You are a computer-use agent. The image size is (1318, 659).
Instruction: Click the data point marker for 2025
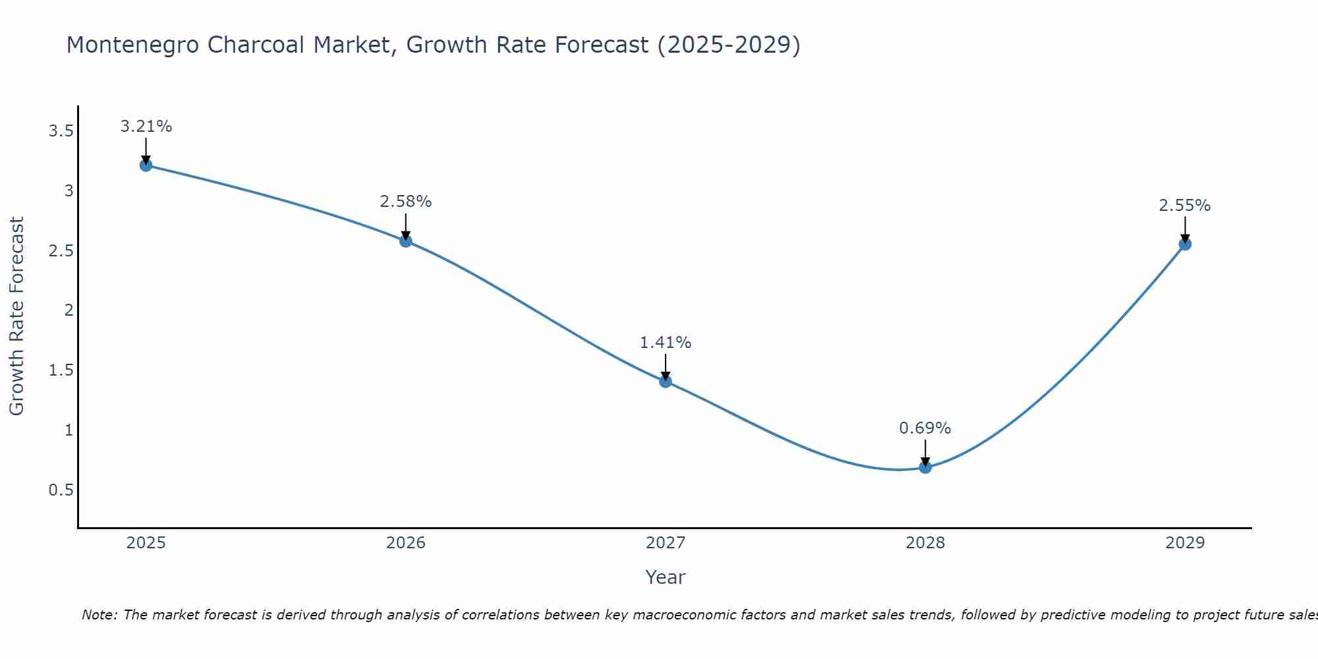pos(146,165)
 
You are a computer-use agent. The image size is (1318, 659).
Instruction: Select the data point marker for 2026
pos(406,241)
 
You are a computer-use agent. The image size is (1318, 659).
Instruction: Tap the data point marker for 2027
pos(666,381)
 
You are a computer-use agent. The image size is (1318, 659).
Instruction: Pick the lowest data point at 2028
pos(925,467)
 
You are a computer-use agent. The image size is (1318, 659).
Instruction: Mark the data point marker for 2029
pos(1185,244)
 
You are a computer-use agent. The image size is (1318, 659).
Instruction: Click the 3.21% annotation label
pos(146,127)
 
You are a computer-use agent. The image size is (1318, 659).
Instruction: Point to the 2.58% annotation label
pos(406,202)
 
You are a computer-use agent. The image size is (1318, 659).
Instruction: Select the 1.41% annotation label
pos(666,343)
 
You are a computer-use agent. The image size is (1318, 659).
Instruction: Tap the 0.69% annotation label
pos(925,428)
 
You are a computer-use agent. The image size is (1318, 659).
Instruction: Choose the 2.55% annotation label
pos(1185,206)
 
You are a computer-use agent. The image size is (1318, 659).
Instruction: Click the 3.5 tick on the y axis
pos(61,131)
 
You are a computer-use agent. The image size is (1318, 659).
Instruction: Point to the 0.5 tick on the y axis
pos(61,490)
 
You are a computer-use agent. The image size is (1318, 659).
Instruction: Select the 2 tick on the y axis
pos(69,310)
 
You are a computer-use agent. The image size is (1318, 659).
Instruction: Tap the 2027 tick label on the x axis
pos(666,543)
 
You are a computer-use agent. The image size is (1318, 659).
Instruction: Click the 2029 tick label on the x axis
pos(1185,543)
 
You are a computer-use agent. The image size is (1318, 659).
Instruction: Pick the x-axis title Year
pos(666,577)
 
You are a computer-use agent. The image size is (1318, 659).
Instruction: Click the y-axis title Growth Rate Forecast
pos(16,316)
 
